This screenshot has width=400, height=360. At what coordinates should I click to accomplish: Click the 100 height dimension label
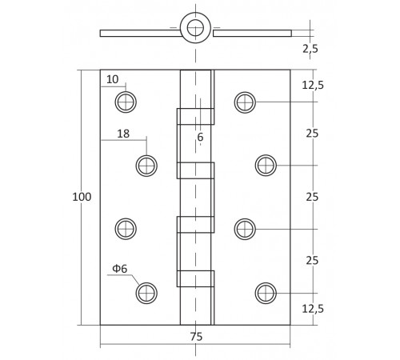(82, 198)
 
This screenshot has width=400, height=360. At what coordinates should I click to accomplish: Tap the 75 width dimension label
(196, 337)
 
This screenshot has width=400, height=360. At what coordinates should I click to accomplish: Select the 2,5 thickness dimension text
(311, 49)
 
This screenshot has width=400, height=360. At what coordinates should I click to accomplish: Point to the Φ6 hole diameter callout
(119, 269)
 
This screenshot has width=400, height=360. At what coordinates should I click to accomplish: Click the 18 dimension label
(123, 134)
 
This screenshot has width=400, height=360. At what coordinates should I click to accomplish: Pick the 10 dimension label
(112, 79)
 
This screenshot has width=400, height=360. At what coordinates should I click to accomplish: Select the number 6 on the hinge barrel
(200, 137)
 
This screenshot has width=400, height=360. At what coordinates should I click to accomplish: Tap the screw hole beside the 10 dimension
(126, 102)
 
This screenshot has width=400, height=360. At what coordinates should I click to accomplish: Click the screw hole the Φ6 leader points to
(146, 293)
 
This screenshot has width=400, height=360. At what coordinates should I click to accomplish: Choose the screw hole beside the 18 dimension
(146, 166)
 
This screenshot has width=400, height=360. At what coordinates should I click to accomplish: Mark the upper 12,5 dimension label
(313, 85)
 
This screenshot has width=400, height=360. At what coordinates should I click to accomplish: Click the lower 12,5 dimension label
(313, 309)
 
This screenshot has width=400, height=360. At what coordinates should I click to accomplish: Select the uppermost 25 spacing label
(312, 134)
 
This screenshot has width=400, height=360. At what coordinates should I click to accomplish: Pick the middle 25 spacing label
(312, 197)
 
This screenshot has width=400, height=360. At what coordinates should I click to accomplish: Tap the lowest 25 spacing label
(312, 261)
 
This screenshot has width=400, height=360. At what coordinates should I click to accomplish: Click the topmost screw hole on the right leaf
(245, 102)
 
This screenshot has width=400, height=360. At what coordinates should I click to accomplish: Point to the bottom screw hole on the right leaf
(266, 293)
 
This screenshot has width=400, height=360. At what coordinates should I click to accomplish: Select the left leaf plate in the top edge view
(136, 34)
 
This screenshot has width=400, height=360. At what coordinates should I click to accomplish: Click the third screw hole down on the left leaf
(126, 229)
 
